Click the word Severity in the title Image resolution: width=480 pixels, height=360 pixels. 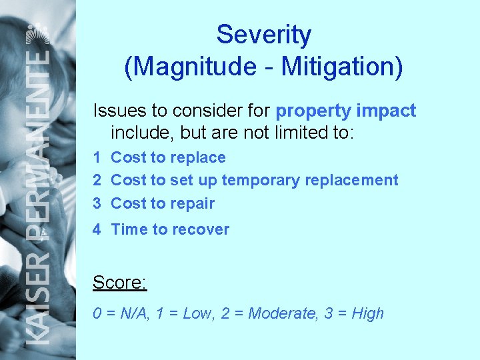coord(263,35)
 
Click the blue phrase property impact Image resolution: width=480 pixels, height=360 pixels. coord(345,111)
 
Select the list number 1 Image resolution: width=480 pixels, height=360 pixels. coord(97,158)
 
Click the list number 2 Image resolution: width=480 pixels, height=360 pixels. coord(97,180)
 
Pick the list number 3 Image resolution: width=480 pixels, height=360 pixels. coord(97,203)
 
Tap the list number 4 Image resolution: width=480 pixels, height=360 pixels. coord(97,229)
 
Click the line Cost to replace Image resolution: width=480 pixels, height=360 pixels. coord(168,158)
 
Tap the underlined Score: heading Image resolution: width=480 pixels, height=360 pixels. coord(119,283)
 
